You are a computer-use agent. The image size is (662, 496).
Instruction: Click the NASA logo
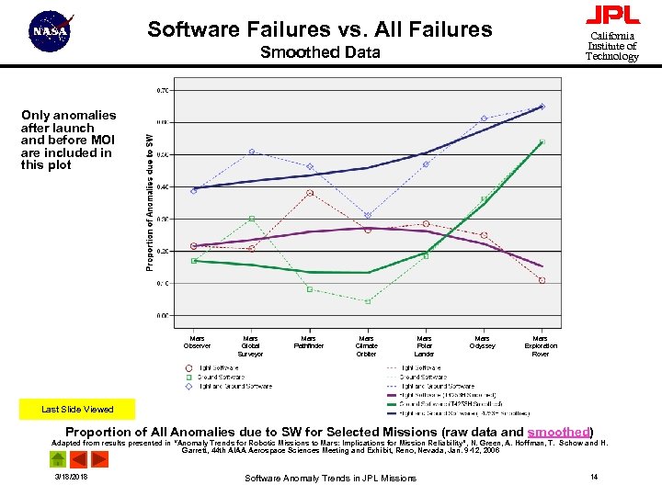tap(51, 32)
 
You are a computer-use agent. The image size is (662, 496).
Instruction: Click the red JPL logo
tap(612, 16)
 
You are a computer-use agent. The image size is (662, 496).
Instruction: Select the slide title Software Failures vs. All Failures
tap(320, 29)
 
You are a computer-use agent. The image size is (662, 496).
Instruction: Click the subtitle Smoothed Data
tap(320, 52)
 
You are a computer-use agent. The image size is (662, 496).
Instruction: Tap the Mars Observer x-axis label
tap(197, 343)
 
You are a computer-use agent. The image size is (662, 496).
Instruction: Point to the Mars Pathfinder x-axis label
tap(308, 343)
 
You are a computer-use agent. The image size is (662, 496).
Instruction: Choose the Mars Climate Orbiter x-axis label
tap(366, 346)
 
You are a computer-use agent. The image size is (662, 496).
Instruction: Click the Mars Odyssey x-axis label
tap(482, 343)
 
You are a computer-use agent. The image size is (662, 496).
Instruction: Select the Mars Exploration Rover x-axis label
tap(541, 346)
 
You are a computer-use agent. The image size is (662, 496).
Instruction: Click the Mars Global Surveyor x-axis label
tap(250, 346)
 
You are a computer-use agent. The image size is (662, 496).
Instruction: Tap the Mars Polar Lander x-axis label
tap(424, 346)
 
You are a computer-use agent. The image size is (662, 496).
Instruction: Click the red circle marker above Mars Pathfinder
tap(310, 193)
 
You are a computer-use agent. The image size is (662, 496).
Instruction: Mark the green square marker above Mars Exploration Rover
tap(542, 142)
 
